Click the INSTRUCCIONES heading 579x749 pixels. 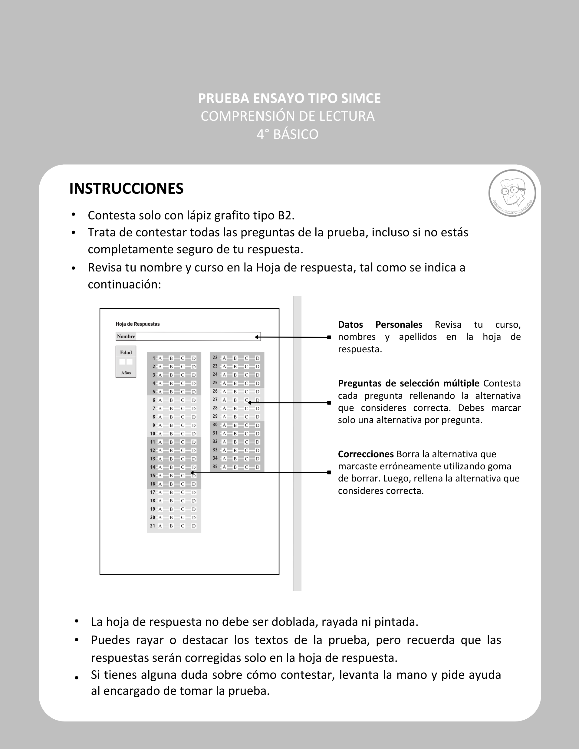pos(126,189)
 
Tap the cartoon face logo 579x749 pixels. pos(512,193)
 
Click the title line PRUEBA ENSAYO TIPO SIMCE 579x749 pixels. pos(289,98)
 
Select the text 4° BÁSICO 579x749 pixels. pos(288,134)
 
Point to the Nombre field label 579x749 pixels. pos(126,337)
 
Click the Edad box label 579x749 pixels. pos(126,353)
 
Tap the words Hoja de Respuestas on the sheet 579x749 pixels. pos(137,324)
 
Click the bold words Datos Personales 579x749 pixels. pos(380,324)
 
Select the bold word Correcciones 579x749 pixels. pos(366,454)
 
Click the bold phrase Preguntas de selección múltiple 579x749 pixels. pos(408,383)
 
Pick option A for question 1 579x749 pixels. pos(160,358)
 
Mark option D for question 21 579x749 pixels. pos(194,526)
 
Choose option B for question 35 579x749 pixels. pos(235,467)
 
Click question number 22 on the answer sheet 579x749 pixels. pos(215,358)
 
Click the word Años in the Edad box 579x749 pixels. pos(126,373)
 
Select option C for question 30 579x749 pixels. pos(246,425)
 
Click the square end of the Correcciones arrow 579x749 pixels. pos(329,473)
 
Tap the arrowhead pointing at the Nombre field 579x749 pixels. pos(257,337)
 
